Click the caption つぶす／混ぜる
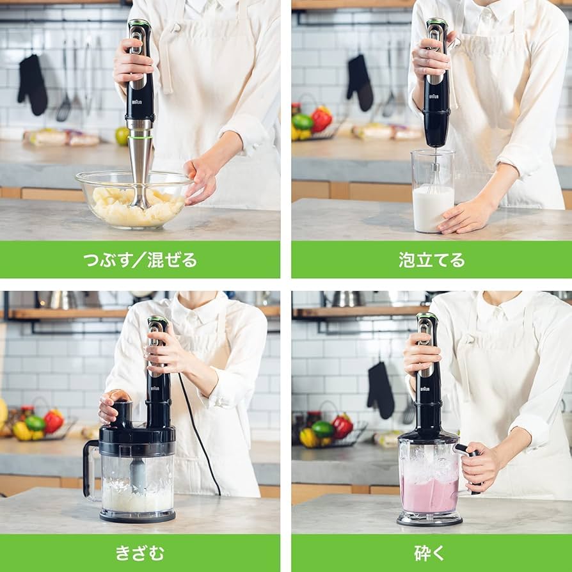coord(139,260)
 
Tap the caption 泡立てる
coord(432,260)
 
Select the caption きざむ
coord(139,553)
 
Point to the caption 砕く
coord(432,553)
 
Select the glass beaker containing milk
coord(433,192)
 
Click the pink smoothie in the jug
coord(428,495)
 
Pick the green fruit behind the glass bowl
coord(122,136)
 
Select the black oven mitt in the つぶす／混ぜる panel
coord(32,84)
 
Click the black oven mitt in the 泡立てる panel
coord(360,83)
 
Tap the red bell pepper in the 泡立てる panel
coord(321,119)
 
